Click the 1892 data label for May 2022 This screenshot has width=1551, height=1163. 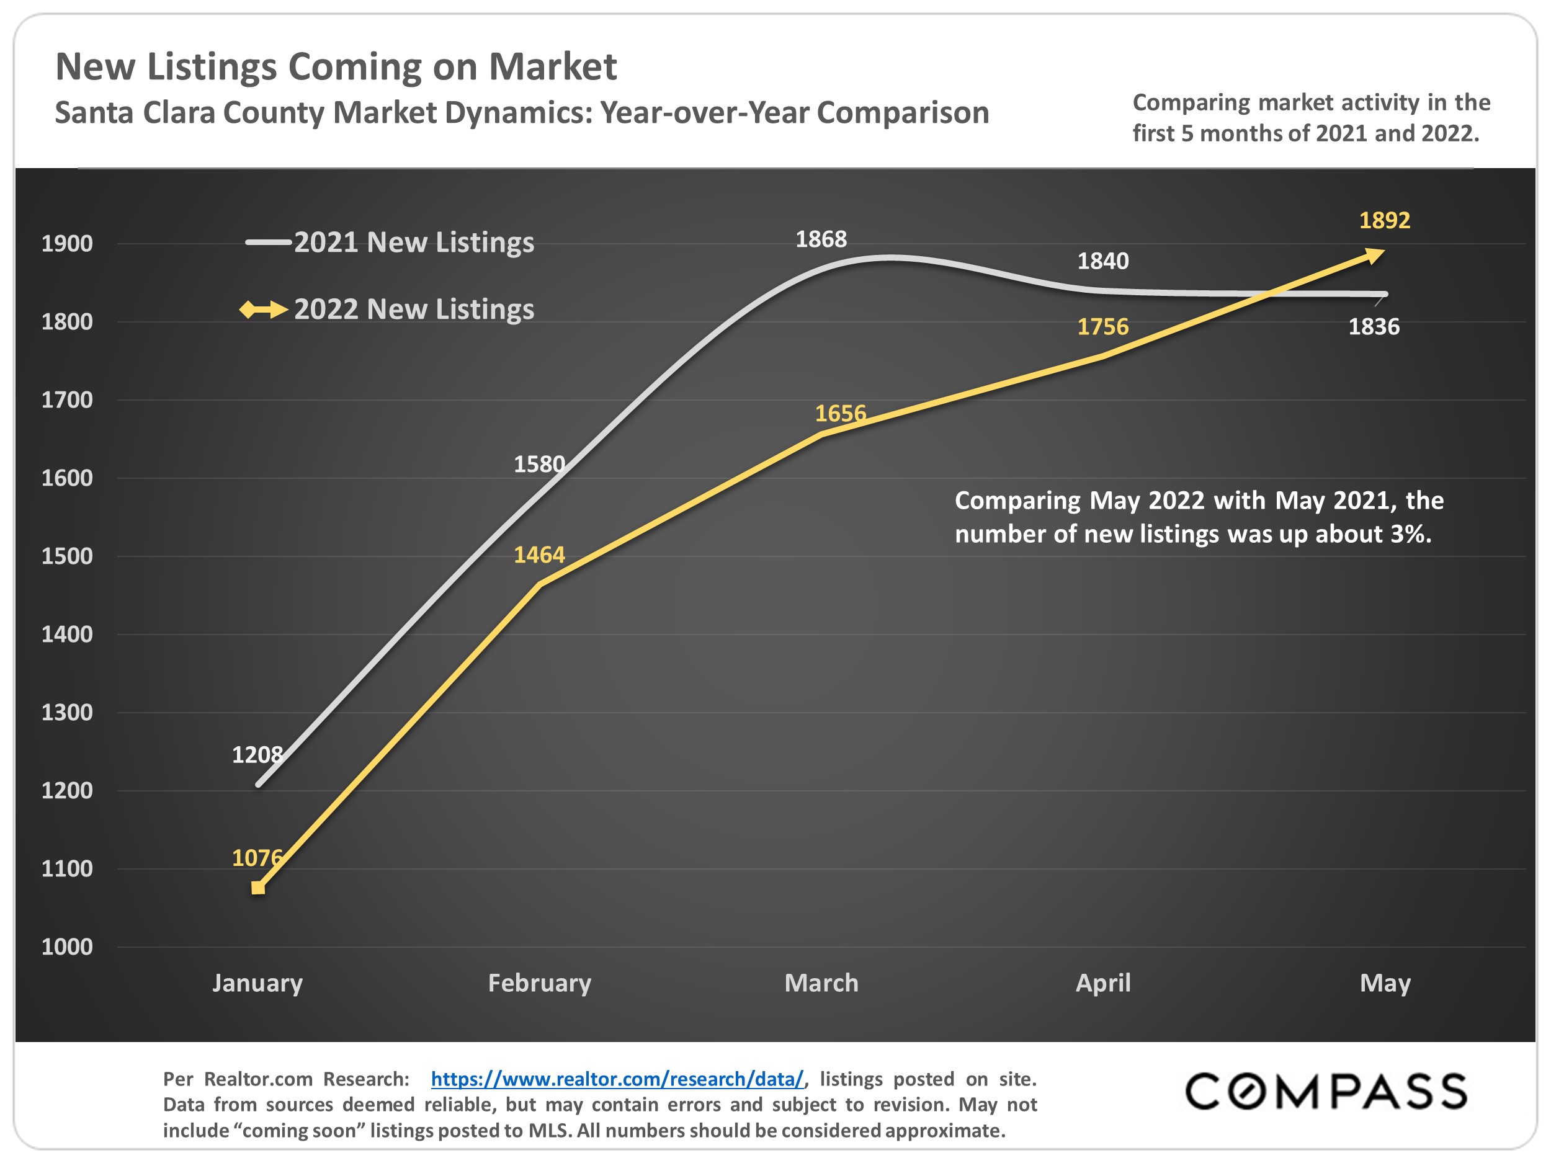tap(1384, 221)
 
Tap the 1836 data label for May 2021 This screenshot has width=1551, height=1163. tap(1374, 327)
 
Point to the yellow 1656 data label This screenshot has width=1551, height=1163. tap(840, 414)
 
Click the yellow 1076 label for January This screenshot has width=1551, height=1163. tap(257, 857)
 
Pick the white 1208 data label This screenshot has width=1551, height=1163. tap(257, 755)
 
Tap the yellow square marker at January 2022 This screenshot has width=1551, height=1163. tap(258, 888)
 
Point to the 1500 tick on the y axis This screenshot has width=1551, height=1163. tap(66, 556)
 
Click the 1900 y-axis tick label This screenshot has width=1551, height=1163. tap(66, 244)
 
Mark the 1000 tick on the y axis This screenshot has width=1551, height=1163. tap(66, 947)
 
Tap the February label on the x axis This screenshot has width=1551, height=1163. tap(539, 983)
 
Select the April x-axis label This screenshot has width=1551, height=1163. tap(1103, 983)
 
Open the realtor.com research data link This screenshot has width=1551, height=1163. tap(617, 1079)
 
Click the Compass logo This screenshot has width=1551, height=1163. tap(1325, 1092)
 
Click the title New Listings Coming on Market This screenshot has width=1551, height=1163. tap(336, 67)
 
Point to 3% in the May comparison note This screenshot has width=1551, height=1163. tap(1410, 535)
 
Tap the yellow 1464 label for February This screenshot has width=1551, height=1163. tap(539, 555)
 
